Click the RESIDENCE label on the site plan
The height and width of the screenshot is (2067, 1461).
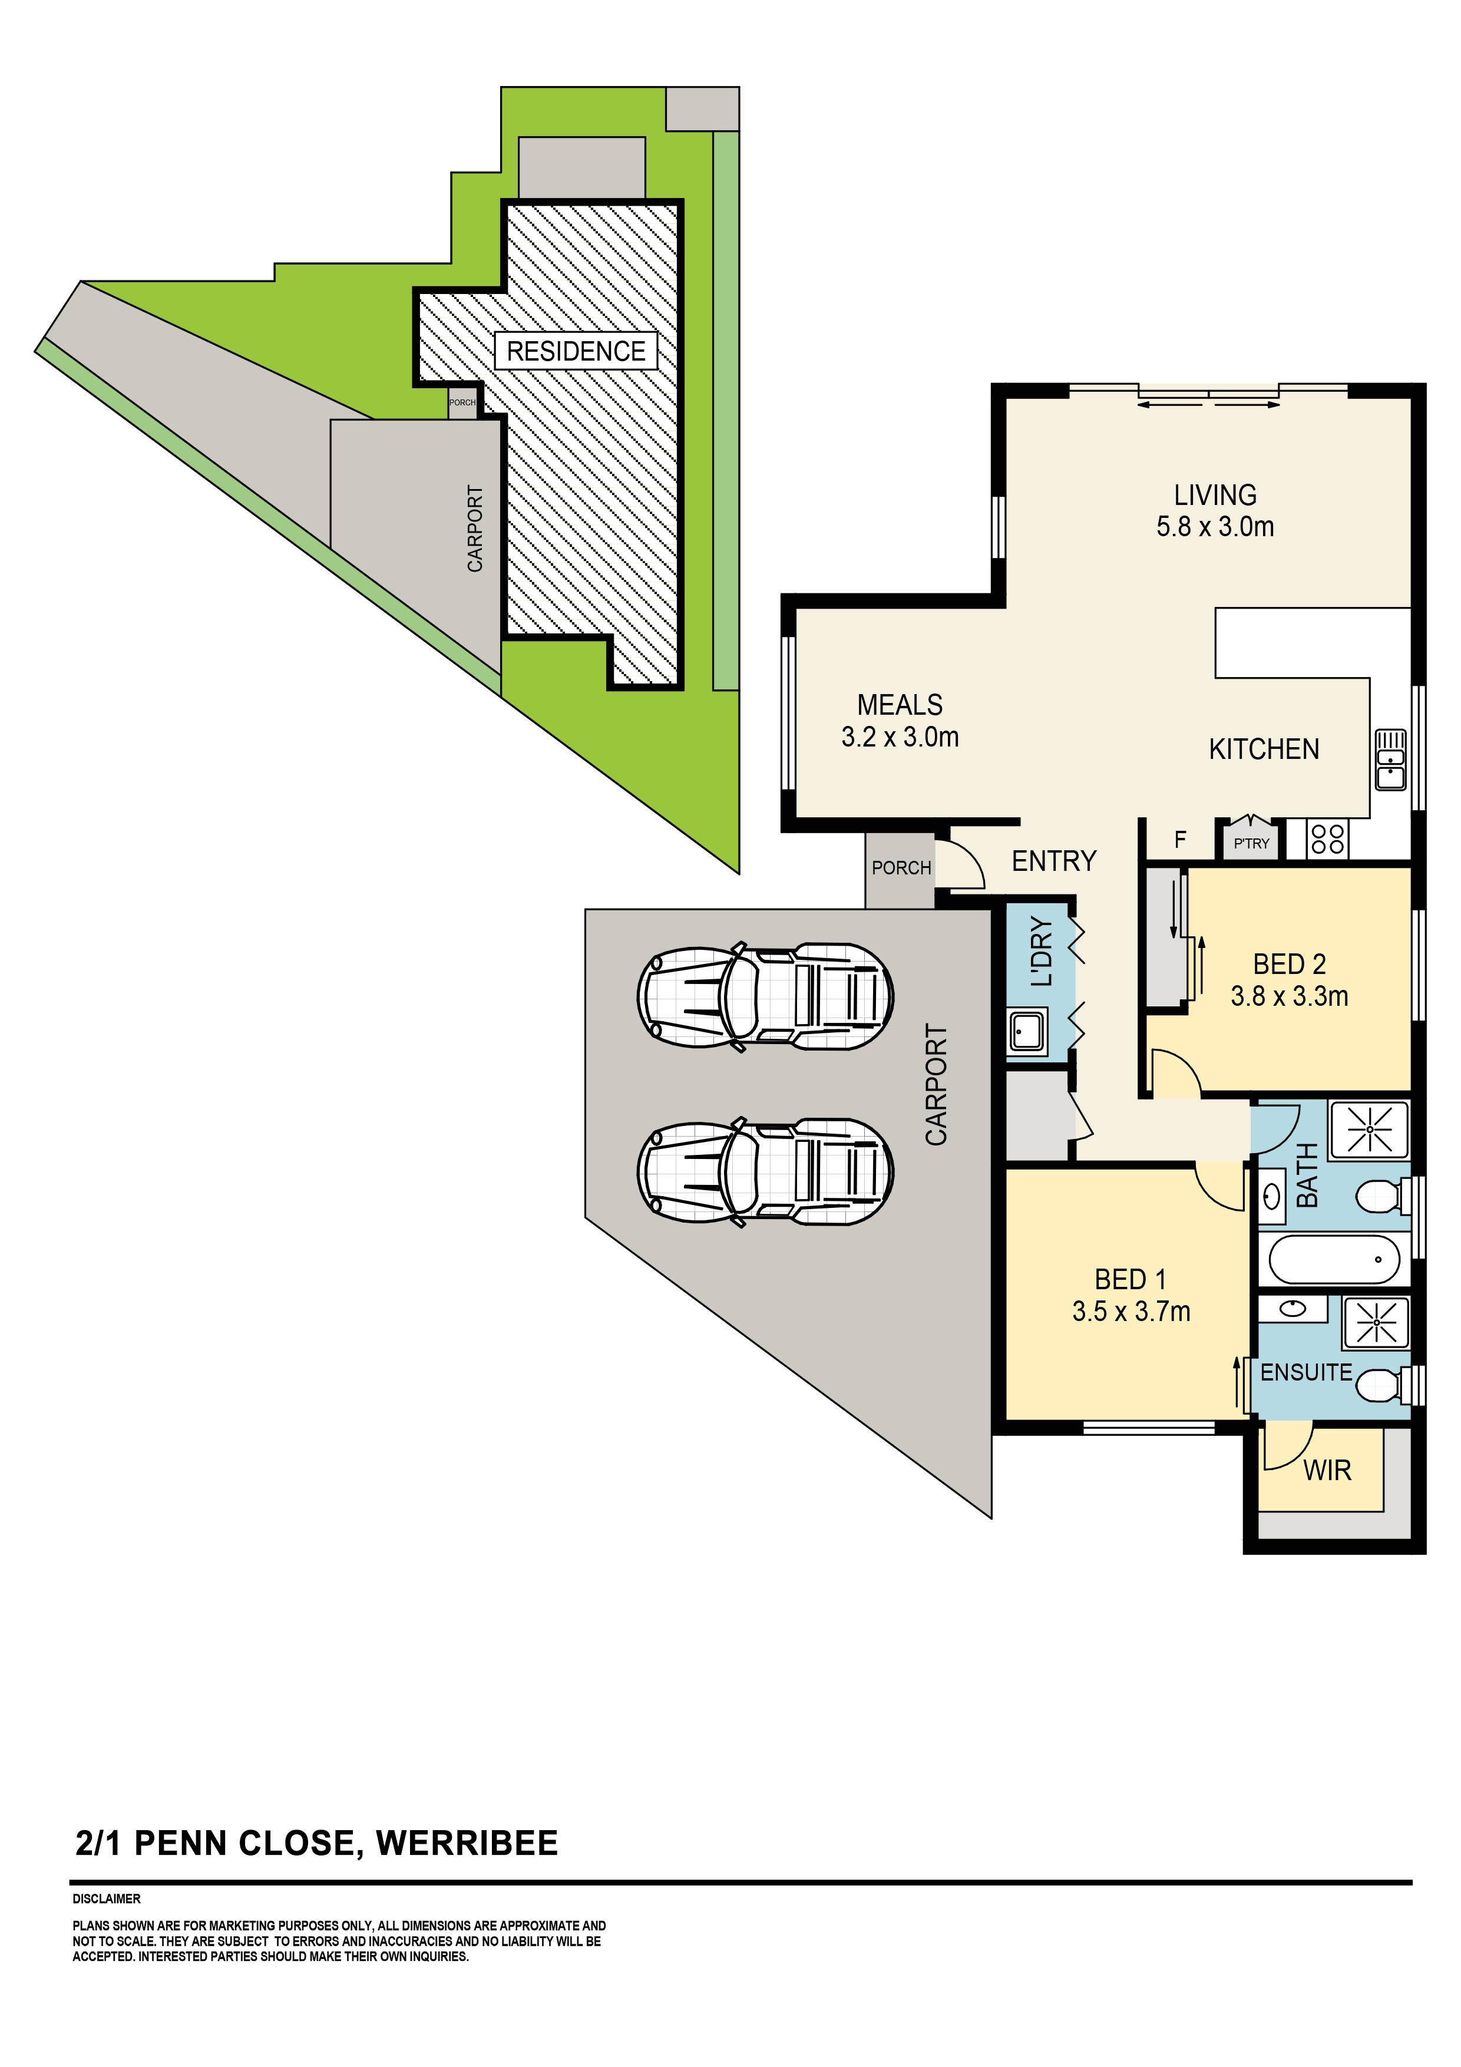tap(576, 351)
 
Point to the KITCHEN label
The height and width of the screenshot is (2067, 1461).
tap(1264, 749)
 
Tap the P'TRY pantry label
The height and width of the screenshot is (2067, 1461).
tap(1251, 844)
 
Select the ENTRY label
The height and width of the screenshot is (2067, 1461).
tap(1054, 861)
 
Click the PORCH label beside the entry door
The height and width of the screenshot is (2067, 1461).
tap(901, 868)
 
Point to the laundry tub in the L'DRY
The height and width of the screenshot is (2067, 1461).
tap(1027, 1031)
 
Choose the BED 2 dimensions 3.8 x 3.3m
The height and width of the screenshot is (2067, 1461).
tap(1289, 996)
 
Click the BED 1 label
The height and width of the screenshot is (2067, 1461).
tap(1131, 1279)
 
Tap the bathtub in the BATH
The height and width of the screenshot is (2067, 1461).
tap(1334, 1259)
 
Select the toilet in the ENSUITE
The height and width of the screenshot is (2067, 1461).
tap(1384, 1385)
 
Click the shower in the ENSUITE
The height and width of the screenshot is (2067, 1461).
tap(1376, 1322)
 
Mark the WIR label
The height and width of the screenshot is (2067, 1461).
tap(1328, 1471)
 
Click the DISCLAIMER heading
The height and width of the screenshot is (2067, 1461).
tap(106, 1898)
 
